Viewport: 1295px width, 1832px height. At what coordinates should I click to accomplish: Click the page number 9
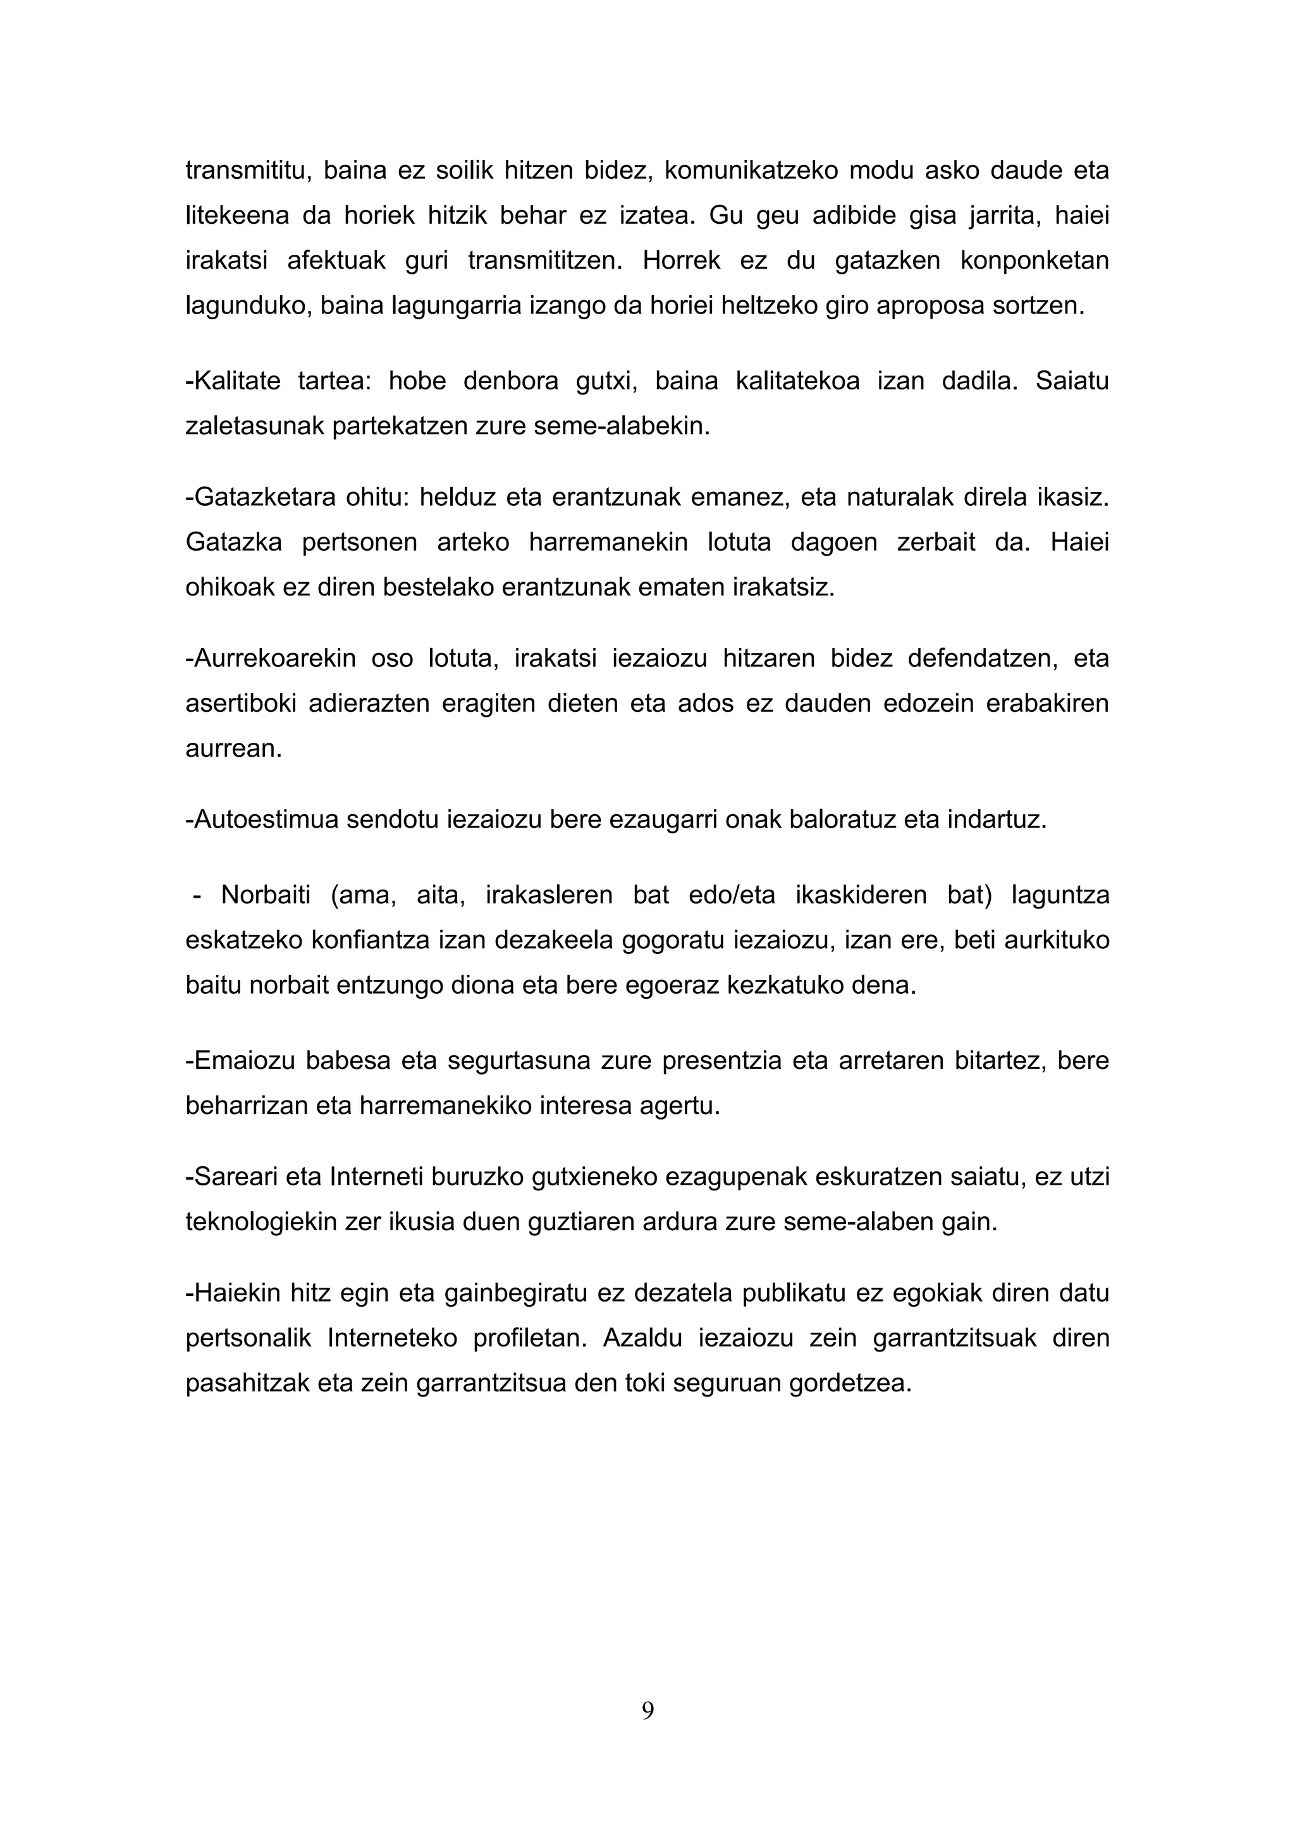(x=647, y=1710)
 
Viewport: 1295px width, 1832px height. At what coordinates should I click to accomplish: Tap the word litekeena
(x=237, y=216)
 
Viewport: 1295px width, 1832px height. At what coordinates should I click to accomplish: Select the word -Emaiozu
(x=237, y=1061)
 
